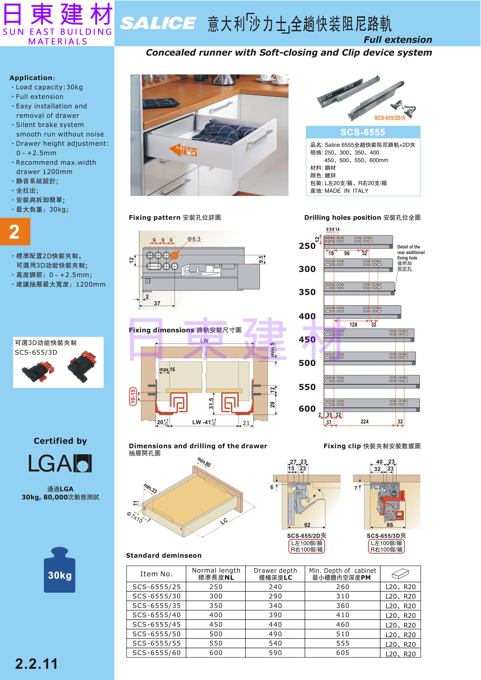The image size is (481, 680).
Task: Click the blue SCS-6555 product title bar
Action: tap(363, 132)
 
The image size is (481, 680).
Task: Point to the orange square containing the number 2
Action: tap(15, 232)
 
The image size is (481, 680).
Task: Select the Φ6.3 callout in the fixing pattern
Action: tap(194, 239)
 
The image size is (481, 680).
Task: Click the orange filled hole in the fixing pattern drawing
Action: tap(175, 255)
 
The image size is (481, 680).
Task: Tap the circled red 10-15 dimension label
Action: tap(133, 396)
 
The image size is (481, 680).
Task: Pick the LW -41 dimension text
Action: tap(204, 422)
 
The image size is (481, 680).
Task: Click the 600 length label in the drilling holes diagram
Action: tap(307, 409)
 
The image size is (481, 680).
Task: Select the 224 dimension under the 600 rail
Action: tap(365, 421)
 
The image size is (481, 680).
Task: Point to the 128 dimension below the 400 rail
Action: tap(353, 325)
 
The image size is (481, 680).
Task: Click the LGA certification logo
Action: tap(60, 463)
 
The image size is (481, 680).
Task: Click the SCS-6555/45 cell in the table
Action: tap(156, 624)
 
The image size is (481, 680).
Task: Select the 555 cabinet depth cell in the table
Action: tap(343, 643)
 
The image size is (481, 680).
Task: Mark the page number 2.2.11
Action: tap(36, 664)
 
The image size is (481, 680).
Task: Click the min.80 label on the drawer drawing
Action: tap(204, 462)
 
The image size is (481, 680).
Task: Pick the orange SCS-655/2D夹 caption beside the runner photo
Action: tap(390, 118)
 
